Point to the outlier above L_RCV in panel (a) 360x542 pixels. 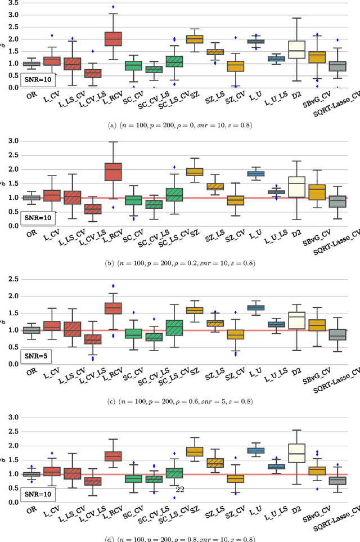113,7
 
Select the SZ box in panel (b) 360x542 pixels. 195,172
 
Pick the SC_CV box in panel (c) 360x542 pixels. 133,333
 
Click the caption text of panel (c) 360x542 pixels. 180,401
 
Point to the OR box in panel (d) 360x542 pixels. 31,474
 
